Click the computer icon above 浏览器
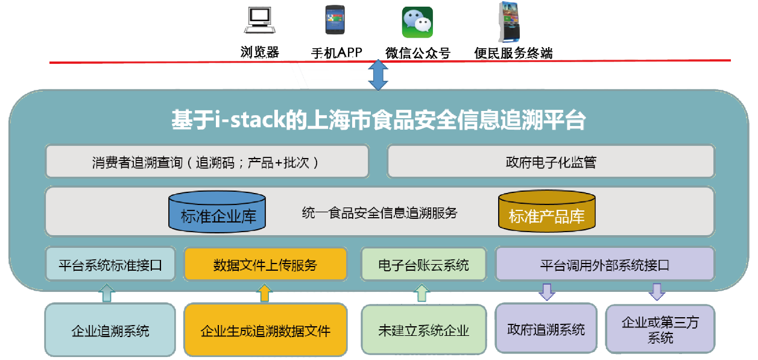pos(259,21)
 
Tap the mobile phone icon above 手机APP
pos(335,20)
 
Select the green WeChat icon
pos(417,22)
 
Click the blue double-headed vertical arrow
pos(378,75)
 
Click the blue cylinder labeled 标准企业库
pos(217,212)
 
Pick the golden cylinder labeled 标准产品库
pos(547,211)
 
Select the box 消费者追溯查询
pos(207,162)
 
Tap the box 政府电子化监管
pos(551,162)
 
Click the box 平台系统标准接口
pos(110,264)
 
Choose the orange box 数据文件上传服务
pos(265,264)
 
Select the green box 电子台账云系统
pos(423,265)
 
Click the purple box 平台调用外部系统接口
pos(605,264)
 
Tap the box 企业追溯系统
pos(110,330)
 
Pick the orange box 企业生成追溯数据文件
pos(265,330)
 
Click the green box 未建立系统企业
pos(423,330)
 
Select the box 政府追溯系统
pos(546,329)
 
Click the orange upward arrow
pos(264,292)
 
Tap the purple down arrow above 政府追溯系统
pos(547,292)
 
